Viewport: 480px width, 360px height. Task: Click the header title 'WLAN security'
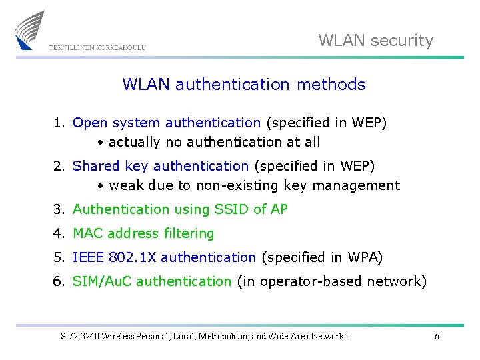tap(375, 41)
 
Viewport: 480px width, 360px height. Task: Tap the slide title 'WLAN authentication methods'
tap(244, 85)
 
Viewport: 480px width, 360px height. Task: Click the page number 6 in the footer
tap(437, 337)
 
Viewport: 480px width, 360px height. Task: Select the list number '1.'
tap(60, 123)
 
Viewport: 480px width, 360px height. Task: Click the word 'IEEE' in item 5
tap(88, 257)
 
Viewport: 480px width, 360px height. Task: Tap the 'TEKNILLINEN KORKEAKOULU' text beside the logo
tap(97, 47)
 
